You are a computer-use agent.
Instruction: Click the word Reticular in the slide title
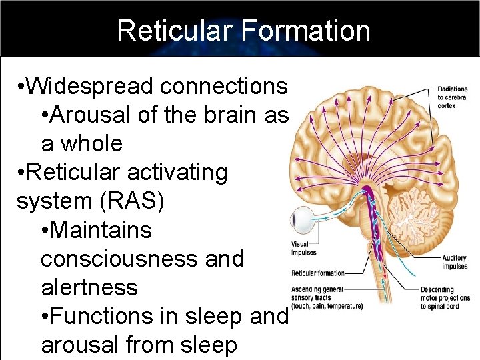coord(172,31)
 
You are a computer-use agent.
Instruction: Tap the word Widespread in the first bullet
coord(92,86)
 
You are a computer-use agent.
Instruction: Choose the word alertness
coord(89,287)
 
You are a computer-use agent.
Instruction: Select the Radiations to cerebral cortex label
coord(453,97)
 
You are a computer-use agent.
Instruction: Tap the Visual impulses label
coord(305,248)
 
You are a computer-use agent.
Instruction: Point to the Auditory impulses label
coord(454,262)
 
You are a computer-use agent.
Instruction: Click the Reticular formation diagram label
coord(318,273)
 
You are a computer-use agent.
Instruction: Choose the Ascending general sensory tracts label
coord(327,297)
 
